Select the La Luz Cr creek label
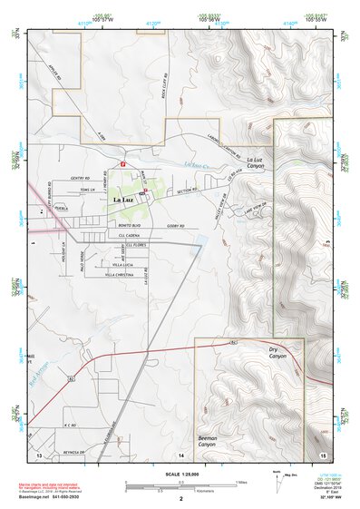click(194, 165)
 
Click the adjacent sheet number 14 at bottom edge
click(181, 453)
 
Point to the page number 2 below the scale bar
click(180, 499)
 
